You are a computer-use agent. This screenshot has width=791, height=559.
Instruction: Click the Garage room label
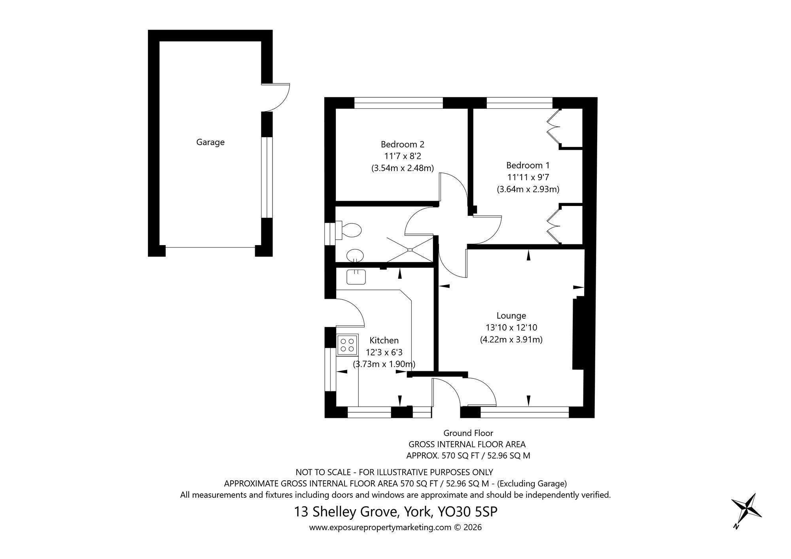210,142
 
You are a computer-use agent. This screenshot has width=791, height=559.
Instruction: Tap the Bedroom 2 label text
402,144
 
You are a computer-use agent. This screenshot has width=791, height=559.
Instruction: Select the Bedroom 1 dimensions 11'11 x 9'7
528,177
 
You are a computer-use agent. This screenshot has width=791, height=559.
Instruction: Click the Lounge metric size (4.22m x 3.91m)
511,339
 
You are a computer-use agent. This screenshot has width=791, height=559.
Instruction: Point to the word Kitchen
384,340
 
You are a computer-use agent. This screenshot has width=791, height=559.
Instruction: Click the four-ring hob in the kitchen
347,345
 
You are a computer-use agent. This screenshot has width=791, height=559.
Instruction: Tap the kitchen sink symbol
356,277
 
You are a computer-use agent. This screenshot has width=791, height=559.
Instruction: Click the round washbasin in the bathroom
355,255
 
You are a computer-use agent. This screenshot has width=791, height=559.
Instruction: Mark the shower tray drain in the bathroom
410,249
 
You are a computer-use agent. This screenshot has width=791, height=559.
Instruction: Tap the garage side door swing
277,98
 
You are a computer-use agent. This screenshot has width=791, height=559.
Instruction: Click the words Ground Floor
468,433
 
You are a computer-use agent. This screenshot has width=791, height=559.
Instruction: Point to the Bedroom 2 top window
398,103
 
